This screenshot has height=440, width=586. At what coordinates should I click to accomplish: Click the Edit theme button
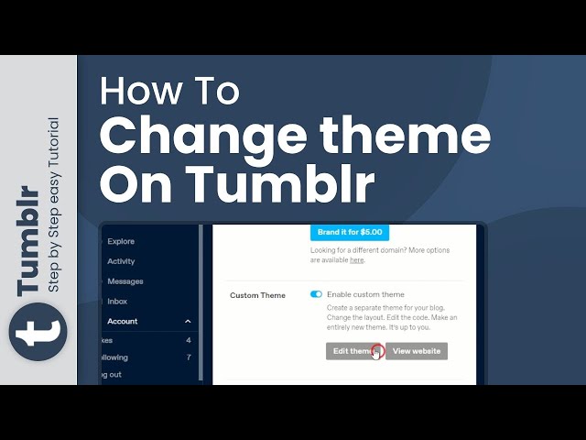pyautogui.click(x=353, y=351)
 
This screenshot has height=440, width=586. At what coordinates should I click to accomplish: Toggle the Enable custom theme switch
pyautogui.click(x=317, y=294)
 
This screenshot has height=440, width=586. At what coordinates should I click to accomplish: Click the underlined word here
pyautogui.click(x=357, y=259)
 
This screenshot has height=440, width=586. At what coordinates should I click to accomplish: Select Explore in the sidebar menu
pyautogui.click(x=121, y=241)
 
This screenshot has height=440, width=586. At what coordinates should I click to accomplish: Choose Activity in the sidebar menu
pyautogui.click(x=121, y=261)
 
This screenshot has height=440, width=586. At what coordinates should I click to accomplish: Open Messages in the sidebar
pyautogui.click(x=125, y=281)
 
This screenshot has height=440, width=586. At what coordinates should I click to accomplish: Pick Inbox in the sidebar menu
pyautogui.click(x=117, y=301)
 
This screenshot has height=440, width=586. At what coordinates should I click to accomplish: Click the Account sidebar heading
pyautogui.click(x=123, y=321)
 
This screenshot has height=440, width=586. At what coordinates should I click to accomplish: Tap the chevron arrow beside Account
pyautogui.click(x=188, y=321)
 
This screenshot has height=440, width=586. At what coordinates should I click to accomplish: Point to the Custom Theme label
pyautogui.click(x=257, y=295)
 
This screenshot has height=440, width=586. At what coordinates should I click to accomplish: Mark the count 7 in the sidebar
pyautogui.click(x=189, y=357)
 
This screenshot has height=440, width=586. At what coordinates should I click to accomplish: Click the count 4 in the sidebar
pyautogui.click(x=189, y=340)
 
